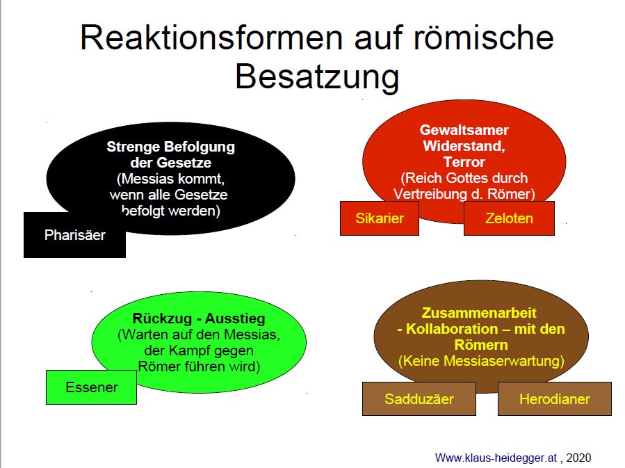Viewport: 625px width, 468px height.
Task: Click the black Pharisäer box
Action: pyautogui.click(x=74, y=235)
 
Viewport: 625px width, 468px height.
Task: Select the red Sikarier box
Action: pyautogui.click(x=380, y=218)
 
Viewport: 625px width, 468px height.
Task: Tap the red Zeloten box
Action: pyautogui.click(x=509, y=218)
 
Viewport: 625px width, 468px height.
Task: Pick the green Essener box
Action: pyautogui.click(x=91, y=387)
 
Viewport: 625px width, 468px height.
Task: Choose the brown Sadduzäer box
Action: pyautogui.click(x=419, y=398)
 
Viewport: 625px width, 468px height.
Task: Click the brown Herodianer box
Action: pyautogui.click(x=555, y=398)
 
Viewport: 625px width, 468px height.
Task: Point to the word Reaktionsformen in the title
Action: pyautogui.click(x=211, y=38)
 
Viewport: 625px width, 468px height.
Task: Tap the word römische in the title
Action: pyautogui.click(x=483, y=38)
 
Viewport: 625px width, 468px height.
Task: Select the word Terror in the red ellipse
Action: pyautogui.click(x=464, y=162)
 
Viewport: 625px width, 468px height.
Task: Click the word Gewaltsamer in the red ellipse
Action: pyautogui.click(x=464, y=130)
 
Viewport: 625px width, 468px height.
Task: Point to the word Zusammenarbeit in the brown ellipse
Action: pyautogui.click(x=479, y=313)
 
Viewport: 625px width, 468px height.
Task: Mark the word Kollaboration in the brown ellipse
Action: pyautogui.click(x=452, y=330)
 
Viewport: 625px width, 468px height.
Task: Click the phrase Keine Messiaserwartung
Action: pyautogui.click(x=482, y=361)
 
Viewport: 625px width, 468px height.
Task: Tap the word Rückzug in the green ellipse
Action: pyautogui.click(x=162, y=318)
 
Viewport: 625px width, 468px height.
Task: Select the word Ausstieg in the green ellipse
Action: pyautogui.click(x=235, y=318)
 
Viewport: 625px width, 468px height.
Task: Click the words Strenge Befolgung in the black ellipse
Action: pyautogui.click(x=170, y=147)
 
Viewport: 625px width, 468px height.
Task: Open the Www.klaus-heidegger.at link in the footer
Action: pyautogui.click(x=496, y=458)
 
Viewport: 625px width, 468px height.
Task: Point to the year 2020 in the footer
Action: pyautogui.click(x=578, y=458)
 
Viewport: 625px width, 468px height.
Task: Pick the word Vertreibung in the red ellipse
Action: pyautogui.click(x=430, y=194)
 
